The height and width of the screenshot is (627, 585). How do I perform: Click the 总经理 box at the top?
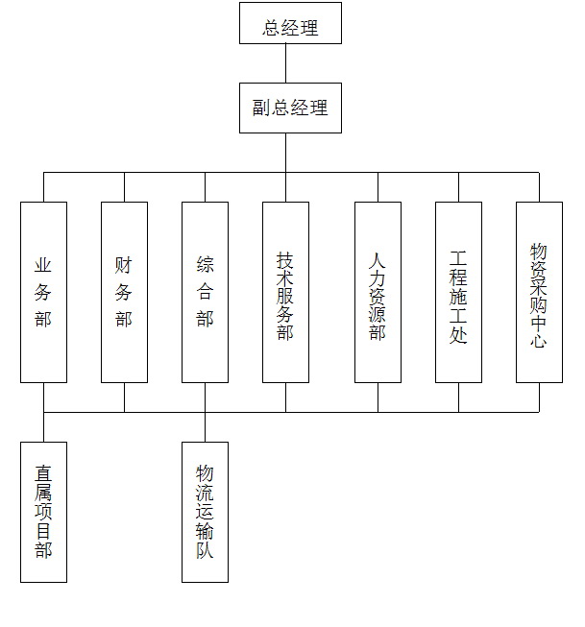click(x=290, y=23)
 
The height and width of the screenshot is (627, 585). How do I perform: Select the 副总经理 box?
click(x=290, y=108)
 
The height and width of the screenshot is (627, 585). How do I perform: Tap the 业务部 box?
click(x=43, y=292)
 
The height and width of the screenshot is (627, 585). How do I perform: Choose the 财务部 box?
click(x=125, y=292)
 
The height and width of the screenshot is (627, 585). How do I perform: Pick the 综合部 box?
click(x=206, y=292)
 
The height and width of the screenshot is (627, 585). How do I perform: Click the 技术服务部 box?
click(x=285, y=292)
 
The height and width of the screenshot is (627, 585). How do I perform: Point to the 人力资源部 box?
click(x=378, y=292)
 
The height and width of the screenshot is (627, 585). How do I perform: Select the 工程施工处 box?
click(x=458, y=292)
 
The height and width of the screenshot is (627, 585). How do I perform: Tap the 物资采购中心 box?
click(x=540, y=292)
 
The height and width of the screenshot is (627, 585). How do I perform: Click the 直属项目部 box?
click(x=43, y=512)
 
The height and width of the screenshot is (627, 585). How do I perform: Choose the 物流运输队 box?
click(x=206, y=512)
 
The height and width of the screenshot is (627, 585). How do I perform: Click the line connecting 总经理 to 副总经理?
click(x=285, y=63)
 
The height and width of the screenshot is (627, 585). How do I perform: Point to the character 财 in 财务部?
click(x=123, y=265)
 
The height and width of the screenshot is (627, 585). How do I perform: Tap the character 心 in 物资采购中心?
click(x=539, y=340)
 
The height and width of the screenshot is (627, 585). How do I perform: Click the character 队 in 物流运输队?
click(x=205, y=550)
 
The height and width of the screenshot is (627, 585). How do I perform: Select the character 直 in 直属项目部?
click(x=43, y=473)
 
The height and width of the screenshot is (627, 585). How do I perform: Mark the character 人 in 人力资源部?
click(x=377, y=261)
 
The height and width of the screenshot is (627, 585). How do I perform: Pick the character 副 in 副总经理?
click(x=261, y=108)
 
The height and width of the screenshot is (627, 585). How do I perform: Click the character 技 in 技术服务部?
click(x=285, y=261)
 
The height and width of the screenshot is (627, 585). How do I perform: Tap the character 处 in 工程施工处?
click(x=458, y=334)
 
